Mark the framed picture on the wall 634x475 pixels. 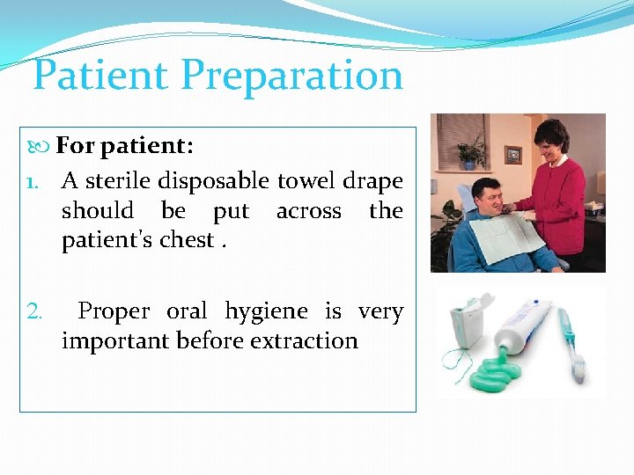point(512,156)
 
